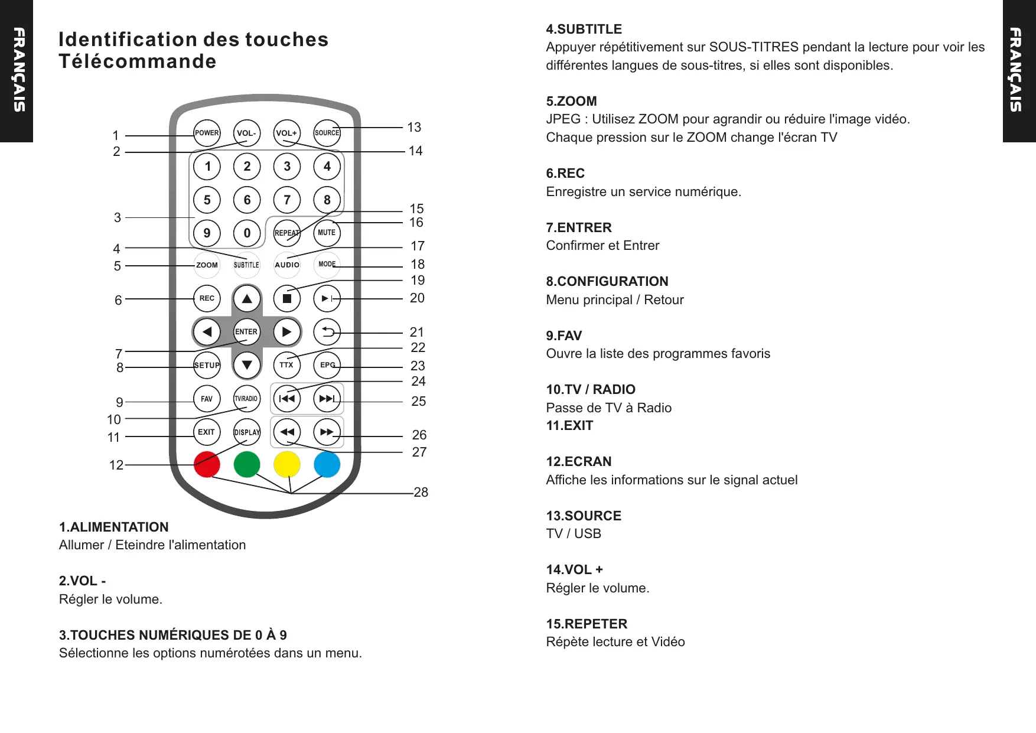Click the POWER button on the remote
(207, 133)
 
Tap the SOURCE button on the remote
(327, 133)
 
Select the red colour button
(207, 464)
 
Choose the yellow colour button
(287, 464)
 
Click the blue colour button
(327, 464)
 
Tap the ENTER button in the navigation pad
(246, 331)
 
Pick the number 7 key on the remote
(287, 200)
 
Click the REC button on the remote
(207, 298)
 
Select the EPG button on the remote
(327, 365)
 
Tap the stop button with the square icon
(287, 298)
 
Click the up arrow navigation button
(247, 298)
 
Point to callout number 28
(421, 492)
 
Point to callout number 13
(414, 127)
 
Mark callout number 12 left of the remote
(116, 465)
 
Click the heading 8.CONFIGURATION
(607, 281)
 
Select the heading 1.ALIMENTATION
(113, 527)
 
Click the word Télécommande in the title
(137, 61)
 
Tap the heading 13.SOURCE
(584, 516)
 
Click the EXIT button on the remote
(207, 432)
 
